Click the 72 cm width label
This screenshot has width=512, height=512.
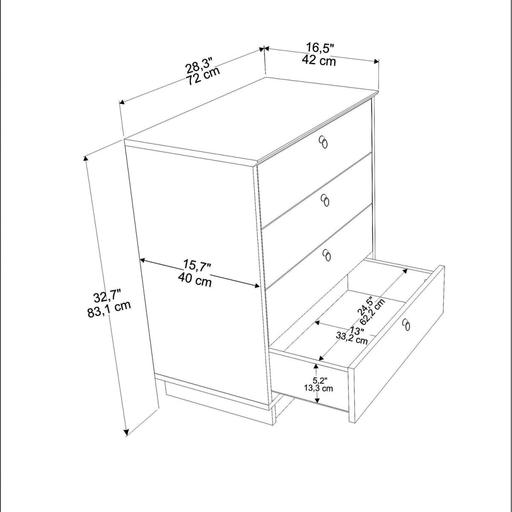204,76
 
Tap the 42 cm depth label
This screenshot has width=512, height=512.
319,61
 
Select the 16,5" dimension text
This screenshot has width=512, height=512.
320,48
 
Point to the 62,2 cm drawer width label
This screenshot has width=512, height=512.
372,311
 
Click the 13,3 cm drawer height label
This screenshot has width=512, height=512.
319,388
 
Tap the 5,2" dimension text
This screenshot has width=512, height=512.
318,381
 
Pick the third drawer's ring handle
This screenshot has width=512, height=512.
327,255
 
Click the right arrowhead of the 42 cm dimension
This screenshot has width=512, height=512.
376,61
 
